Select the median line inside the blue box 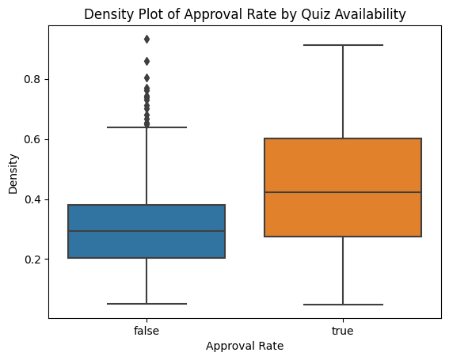click(146, 231)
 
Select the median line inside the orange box click(343, 192)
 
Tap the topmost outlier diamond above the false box click(146, 39)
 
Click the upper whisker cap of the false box click(146, 127)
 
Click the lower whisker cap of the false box click(146, 304)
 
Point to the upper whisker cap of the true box click(343, 45)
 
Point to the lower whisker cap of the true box click(343, 305)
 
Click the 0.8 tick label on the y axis click(32, 79)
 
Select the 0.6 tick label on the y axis click(32, 139)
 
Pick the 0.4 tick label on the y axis click(32, 199)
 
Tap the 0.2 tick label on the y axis click(32, 260)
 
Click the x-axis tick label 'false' click(146, 331)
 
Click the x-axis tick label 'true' click(343, 331)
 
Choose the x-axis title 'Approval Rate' click(245, 347)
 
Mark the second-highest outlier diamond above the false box click(146, 61)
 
